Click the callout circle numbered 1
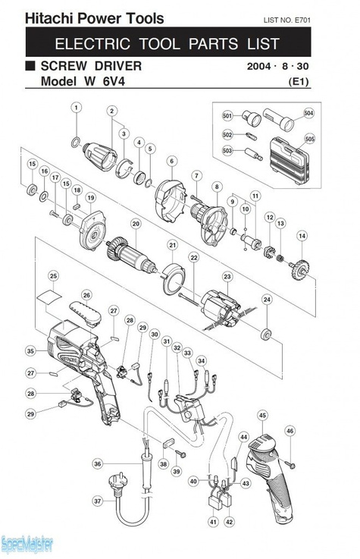tap(77, 107)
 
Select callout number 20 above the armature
tap(136, 224)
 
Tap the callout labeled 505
tap(310, 139)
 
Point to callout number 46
tap(290, 431)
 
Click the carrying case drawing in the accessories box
tap(288, 161)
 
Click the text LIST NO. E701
tap(286, 20)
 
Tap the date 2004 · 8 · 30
tap(277, 66)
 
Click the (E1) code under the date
tap(299, 82)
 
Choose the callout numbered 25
tap(53, 276)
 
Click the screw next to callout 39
tap(180, 454)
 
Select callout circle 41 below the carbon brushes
tap(213, 522)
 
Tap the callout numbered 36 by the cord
tap(98, 464)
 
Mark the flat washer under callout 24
tap(266, 334)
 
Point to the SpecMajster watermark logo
tap(27, 545)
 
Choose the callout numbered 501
tap(227, 115)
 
